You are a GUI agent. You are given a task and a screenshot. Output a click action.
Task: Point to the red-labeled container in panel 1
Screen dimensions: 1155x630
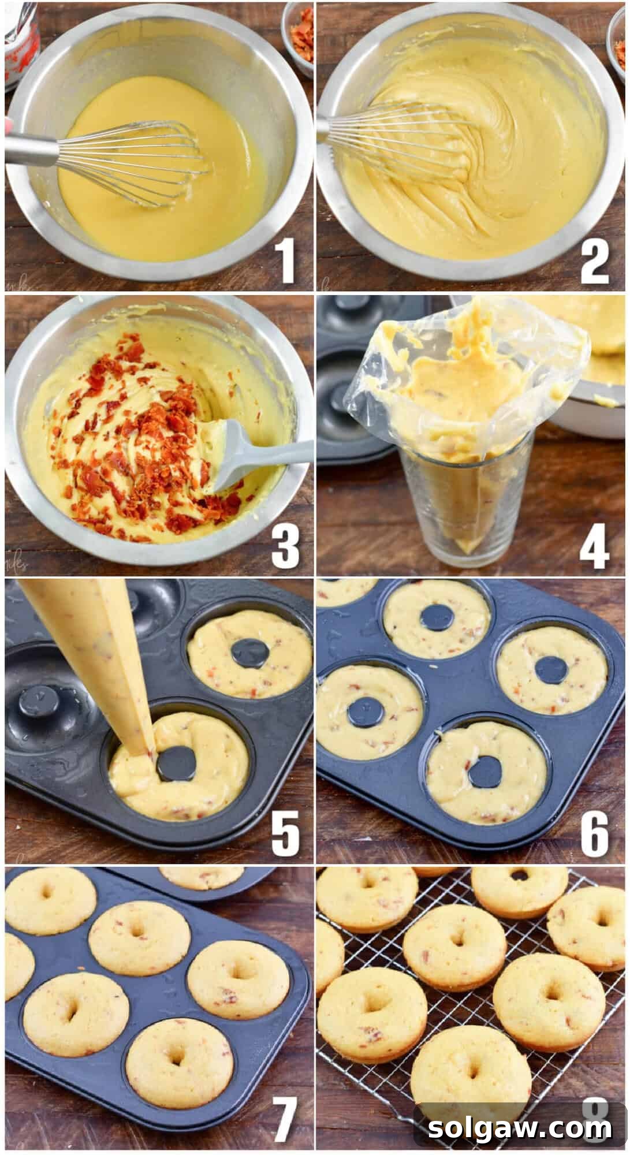point(20,46)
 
